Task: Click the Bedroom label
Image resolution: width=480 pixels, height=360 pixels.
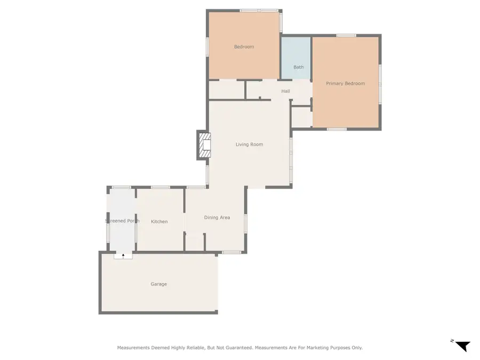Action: pos(244,47)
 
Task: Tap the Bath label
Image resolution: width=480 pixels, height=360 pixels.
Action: pos(299,67)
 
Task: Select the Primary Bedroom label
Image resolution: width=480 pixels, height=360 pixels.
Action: pos(346,84)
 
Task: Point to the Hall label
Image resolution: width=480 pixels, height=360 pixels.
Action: pos(286,92)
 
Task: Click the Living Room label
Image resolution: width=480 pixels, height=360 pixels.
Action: pos(250,145)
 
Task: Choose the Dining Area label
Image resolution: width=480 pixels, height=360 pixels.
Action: pos(217,218)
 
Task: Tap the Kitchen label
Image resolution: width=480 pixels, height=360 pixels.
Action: pos(159,222)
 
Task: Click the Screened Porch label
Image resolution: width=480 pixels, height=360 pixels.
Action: pos(122,221)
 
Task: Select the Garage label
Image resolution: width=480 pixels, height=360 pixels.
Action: pos(158,284)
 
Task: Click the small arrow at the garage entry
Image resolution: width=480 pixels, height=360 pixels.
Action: pos(123,256)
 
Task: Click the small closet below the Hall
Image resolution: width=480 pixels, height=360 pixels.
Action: pos(302,117)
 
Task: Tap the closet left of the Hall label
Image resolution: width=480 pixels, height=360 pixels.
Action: pos(226,90)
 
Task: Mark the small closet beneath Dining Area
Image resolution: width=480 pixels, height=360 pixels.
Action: pos(195,242)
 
